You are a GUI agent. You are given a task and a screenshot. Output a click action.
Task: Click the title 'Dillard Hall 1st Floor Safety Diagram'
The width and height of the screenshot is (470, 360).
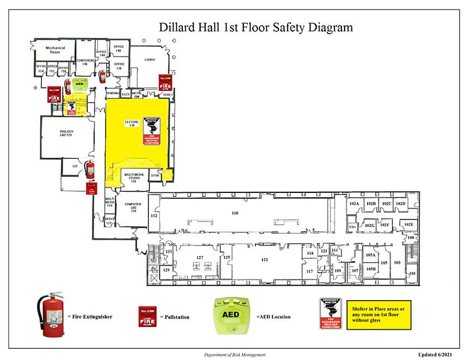256,27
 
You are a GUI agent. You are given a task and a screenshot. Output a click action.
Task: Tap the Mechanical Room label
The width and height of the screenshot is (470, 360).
55,50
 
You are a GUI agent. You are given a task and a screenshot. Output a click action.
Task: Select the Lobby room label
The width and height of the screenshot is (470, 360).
149,59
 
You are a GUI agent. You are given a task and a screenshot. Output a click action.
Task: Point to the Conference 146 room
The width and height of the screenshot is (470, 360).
85,62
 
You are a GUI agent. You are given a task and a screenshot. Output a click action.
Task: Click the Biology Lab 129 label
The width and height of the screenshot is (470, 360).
67,135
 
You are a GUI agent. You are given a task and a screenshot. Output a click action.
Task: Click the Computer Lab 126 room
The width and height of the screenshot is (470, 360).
133,208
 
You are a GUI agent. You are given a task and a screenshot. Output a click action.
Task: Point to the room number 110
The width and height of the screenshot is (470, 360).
235,213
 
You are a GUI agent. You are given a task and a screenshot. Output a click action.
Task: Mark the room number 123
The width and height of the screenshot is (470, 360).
265,259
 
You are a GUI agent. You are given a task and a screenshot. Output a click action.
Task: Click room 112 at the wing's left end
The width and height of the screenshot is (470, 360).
154,216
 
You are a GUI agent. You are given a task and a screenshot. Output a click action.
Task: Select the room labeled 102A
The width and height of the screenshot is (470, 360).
354,203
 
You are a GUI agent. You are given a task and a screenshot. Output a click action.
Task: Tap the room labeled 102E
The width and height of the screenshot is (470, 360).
408,225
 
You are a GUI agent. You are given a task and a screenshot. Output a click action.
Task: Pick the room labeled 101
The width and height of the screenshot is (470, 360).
412,273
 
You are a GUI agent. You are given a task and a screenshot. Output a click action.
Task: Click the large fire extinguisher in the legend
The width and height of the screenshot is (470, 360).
52,315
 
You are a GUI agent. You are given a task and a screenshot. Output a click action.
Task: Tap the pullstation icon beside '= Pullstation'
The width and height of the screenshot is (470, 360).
148,316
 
